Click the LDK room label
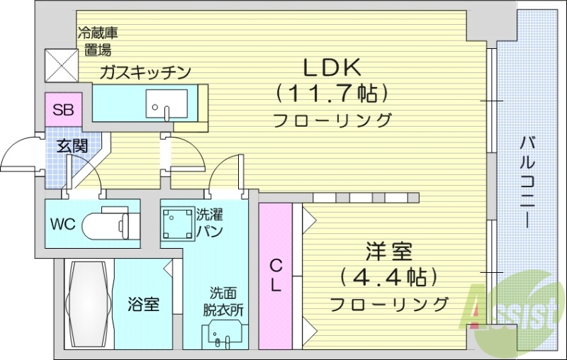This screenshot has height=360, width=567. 332,69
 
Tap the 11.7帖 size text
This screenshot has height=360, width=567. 332,93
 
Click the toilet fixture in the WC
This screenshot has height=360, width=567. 106,225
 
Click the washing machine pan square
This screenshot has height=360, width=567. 176,225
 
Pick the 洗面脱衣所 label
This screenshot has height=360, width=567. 226,300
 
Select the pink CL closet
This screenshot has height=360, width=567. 276,276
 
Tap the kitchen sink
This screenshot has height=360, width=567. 165,104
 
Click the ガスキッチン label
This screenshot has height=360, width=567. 145,71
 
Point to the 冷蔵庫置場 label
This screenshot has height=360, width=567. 97,40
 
